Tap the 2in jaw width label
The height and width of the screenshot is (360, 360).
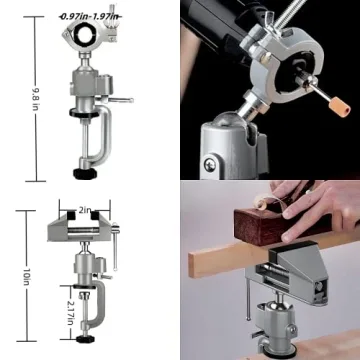click(88, 212)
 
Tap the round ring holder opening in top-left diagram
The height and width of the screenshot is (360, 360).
click(82, 40)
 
